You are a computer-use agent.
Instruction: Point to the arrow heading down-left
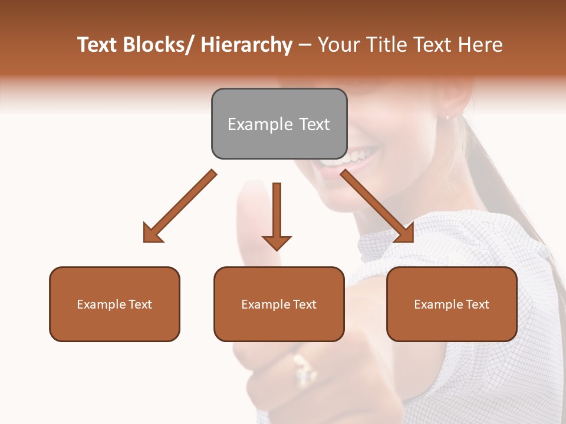179,207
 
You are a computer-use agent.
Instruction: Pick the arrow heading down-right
378,207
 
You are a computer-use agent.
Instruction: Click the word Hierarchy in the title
246,45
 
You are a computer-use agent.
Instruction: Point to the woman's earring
446,118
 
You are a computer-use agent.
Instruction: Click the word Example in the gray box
260,124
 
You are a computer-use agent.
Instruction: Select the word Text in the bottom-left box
140,304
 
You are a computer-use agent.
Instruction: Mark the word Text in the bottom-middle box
304,304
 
